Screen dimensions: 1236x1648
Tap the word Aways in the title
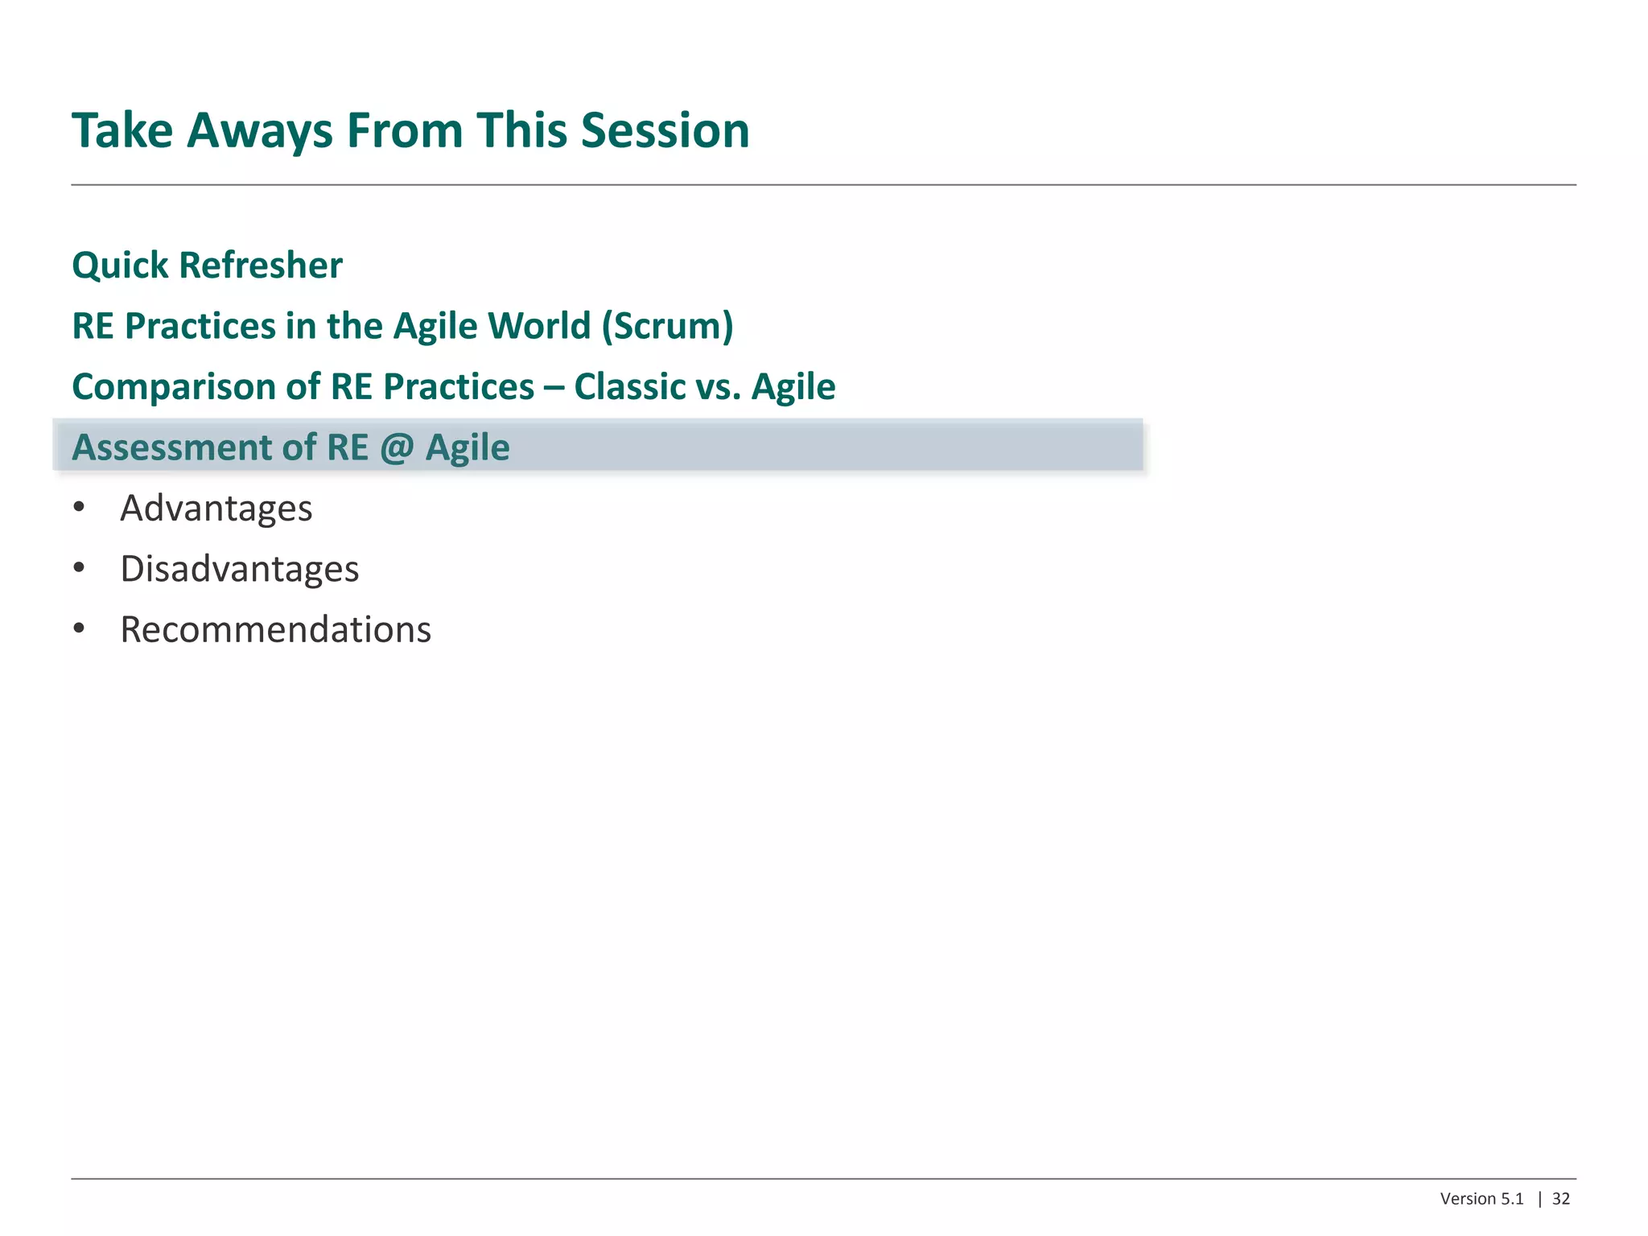259,130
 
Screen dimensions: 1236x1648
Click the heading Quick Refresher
207,266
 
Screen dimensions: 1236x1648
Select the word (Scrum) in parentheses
667,326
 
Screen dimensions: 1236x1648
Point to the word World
539,326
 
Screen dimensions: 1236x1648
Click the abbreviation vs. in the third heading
718,387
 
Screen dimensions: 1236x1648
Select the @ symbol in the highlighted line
396,447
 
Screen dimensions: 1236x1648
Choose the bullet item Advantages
216,509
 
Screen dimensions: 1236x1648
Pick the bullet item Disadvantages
239,569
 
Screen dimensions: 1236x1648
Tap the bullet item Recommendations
275,629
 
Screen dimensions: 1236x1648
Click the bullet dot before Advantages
78,507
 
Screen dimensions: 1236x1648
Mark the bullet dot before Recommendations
78,628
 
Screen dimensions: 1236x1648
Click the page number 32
1560,1199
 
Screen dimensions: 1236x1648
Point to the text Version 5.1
1481,1199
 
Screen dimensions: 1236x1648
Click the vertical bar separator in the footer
1539,1199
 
